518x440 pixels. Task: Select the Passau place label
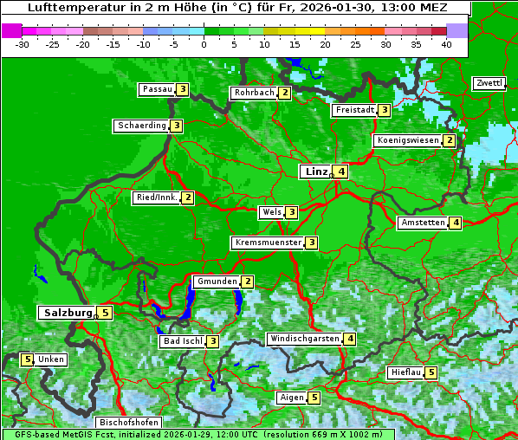click(x=158, y=89)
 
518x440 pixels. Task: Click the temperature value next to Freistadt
click(x=384, y=110)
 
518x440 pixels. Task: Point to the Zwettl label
click(x=489, y=83)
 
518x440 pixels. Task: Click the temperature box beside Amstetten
click(x=456, y=223)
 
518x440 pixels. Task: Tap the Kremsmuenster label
click(x=268, y=243)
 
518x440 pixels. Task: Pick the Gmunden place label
click(x=216, y=281)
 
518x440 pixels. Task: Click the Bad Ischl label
click(x=183, y=341)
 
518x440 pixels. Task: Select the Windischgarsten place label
click(x=304, y=339)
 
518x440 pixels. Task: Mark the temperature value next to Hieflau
click(x=431, y=372)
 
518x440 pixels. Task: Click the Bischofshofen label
click(x=128, y=423)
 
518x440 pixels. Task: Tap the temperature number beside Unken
click(x=27, y=359)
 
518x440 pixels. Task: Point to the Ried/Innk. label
click(x=157, y=197)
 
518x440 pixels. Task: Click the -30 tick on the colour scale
click(x=23, y=43)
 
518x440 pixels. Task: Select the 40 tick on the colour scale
click(x=446, y=43)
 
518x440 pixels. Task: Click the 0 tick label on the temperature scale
click(x=204, y=43)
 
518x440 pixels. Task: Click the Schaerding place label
click(x=142, y=126)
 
